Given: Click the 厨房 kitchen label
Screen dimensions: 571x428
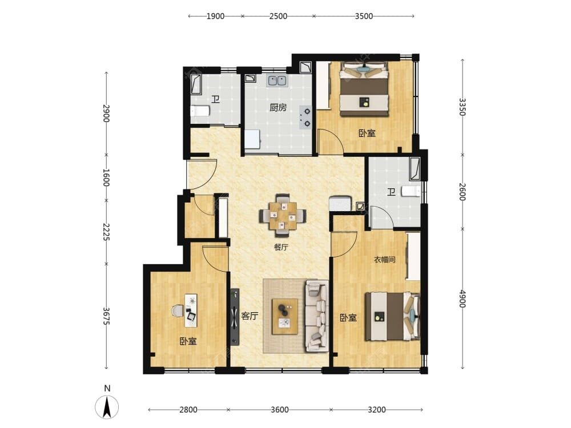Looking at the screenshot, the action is [278, 107].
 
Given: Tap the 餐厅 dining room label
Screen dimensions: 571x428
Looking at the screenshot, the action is [281, 247].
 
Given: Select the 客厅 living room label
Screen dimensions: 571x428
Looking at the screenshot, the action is [250, 316].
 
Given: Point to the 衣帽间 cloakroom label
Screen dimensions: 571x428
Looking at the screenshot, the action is [384, 260].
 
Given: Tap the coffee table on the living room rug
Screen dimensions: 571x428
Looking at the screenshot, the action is [284, 317].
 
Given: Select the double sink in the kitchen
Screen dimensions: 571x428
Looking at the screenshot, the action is [277, 80].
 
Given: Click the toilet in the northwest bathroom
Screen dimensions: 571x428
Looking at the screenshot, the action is [200, 111].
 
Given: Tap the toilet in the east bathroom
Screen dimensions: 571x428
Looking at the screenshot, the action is [411, 191].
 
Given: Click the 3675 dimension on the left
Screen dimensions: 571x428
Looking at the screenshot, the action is [106, 316].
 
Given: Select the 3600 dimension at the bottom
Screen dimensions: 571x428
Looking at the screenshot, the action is [280, 410].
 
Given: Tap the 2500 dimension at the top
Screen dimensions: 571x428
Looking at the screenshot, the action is [278, 16].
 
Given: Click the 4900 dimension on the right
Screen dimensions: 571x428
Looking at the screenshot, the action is [462, 298].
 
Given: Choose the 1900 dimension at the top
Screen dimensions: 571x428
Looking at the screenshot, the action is [215, 16].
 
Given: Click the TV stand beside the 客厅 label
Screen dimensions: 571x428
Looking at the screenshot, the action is [235, 317].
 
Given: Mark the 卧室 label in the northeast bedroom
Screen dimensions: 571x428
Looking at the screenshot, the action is [367, 133].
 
